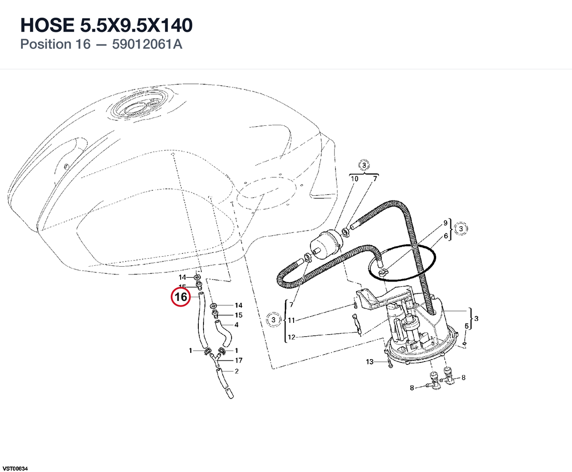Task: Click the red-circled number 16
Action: click(x=181, y=297)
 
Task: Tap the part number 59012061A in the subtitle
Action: click(x=147, y=44)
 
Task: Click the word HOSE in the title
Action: click(x=47, y=25)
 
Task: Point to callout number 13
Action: click(x=369, y=362)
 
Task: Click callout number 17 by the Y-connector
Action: click(x=239, y=360)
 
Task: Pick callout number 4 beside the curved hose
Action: click(x=237, y=325)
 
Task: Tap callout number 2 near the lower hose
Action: click(x=237, y=371)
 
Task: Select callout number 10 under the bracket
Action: click(x=355, y=179)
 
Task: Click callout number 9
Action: click(x=445, y=223)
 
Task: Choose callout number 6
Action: click(x=446, y=236)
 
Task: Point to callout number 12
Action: click(x=291, y=337)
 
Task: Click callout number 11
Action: click(x=291, y=320)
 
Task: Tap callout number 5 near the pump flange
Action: click(x=467, y=326)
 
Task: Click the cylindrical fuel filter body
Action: click(x=326, y=245)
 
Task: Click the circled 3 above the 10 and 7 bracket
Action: click(x=364, y=165)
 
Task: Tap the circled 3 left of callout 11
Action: click(x=273, y=320)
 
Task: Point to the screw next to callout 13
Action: click(x=389, y=363)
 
